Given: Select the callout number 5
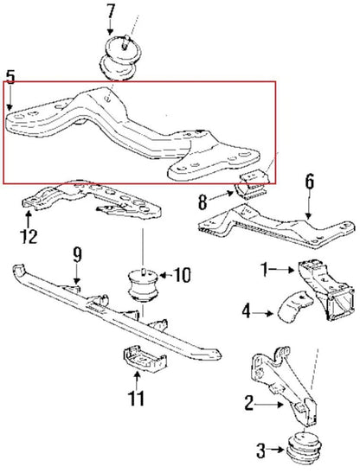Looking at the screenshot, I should [x=10, y=78].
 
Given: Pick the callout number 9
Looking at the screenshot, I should [x=76, y=254].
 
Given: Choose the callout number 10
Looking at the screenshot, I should [x=183, y=276].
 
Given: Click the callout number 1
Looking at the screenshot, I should [x=264, y=270].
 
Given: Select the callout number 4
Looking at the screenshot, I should [x=246, y=308].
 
